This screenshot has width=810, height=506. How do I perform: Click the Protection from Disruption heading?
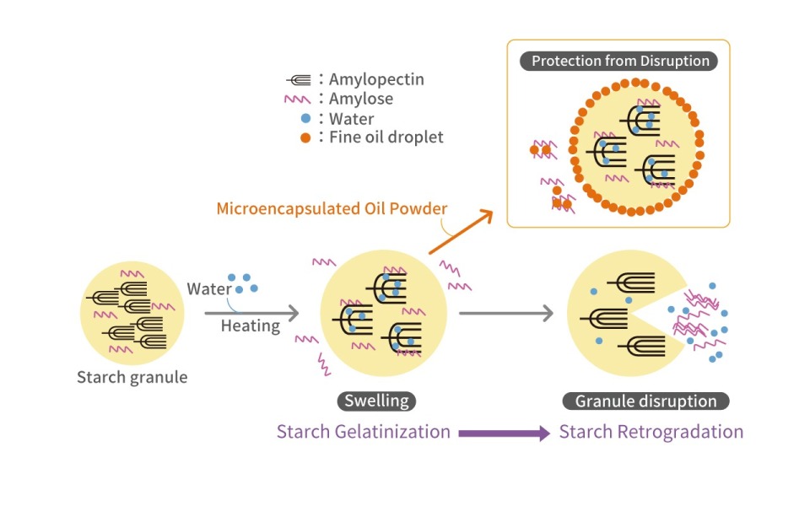point(619,62)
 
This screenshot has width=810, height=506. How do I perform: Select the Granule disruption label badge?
point(645,401)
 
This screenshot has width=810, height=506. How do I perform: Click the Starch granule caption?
point(132,377)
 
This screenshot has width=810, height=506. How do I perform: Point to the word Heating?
point(251,326)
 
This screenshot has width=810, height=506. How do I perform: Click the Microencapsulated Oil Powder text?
point(332,208)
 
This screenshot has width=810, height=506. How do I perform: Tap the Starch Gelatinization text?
point(363,432)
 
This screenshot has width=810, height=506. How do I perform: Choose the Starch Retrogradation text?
point(651,432)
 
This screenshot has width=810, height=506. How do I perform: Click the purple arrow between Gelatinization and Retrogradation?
point(505,433)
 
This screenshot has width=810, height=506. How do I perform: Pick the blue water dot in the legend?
point(305,119)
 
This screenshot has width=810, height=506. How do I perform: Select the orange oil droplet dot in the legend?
point(305,137)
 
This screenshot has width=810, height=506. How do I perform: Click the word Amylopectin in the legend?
point(376,80)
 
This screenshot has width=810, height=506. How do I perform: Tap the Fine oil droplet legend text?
point(386,137)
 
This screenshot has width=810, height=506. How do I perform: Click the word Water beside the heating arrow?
point(209,289)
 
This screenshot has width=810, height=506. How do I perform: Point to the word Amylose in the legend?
point(361,100)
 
